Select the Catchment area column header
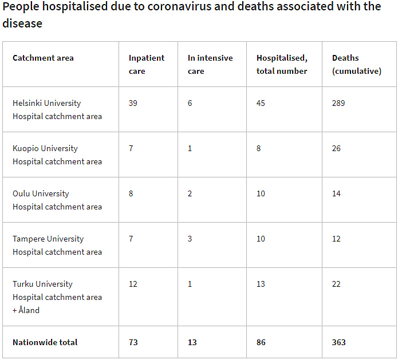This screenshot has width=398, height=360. [x=43, y=58]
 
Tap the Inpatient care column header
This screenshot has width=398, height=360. [x=146, y=64]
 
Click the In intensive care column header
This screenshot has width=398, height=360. [x=210, y=64]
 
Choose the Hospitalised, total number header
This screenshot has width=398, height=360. [x=282, y=64]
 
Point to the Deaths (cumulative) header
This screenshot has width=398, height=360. [x=356, y=64]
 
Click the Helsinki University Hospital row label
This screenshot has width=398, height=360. [x=57, y=109]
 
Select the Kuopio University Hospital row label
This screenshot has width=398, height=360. [x=57, y=155]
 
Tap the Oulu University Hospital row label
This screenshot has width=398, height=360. [x=57, y=200]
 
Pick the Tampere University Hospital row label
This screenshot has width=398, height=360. [x=57, y=245]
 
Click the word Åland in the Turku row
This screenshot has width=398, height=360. [x=29, y=310]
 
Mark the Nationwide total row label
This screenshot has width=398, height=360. [x=45, y=342]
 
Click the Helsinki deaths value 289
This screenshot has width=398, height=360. [x=338, y=103]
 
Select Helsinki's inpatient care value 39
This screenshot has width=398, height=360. [x=133, y=103]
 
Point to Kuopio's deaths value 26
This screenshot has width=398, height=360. [x=336, y=148]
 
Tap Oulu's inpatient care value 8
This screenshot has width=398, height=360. [x=131, y=193]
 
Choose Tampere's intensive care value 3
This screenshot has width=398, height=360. [x=190, y=239]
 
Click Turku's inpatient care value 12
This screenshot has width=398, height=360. [x=133, y=284]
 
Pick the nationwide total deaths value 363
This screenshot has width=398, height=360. [x=338, y=342]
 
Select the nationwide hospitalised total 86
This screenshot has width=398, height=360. [x=261, y=342]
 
